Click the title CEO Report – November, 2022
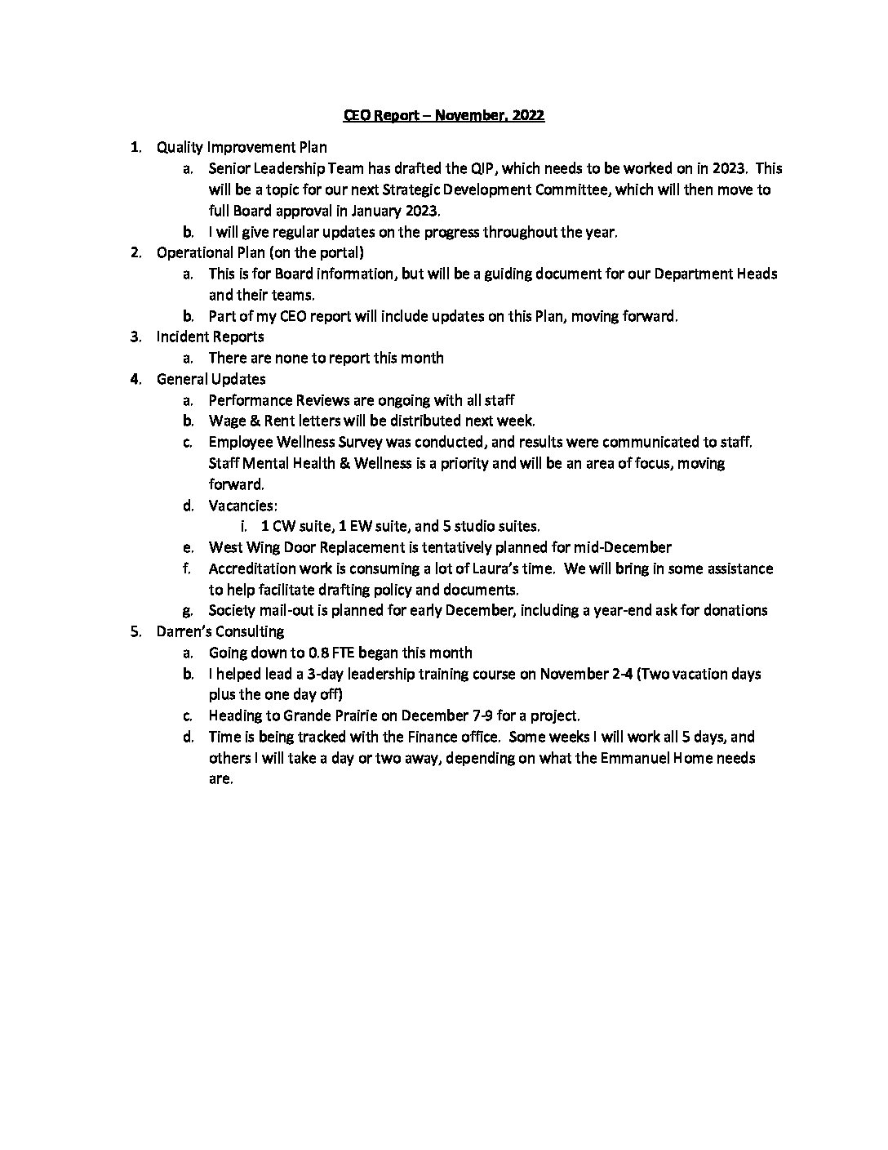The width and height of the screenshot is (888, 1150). point(443,115)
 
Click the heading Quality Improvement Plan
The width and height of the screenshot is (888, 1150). point(242,147)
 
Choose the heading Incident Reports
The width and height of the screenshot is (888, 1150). point(210,337)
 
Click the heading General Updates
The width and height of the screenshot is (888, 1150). point(211,379)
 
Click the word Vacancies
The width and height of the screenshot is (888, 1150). point(242,506)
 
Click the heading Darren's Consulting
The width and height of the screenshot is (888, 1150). point(220,631)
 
